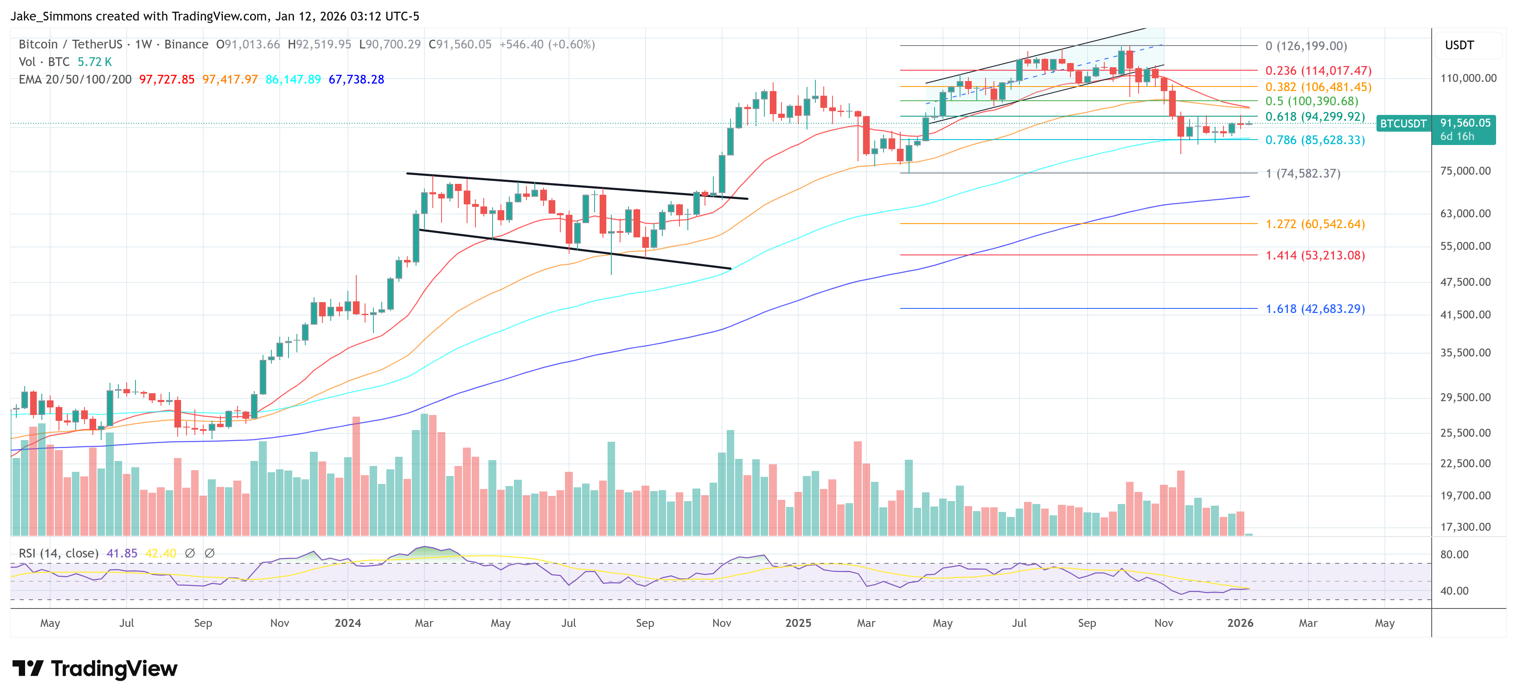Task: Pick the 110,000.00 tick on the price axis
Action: [x=1468, y=78]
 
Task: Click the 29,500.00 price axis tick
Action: [x=1465, y=397]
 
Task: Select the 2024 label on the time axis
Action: [x=347, y=623]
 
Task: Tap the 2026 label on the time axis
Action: [x=1240, y=623]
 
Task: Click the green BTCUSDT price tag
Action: [x=1403, y=124]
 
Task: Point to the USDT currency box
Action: [x=1459, y=45]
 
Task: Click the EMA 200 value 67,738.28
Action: [x=356, y=79]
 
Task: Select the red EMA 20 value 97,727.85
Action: [x=167, y=79]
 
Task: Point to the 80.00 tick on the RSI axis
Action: [x=1454, y=555]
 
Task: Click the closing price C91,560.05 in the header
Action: [x=460, y=45]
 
